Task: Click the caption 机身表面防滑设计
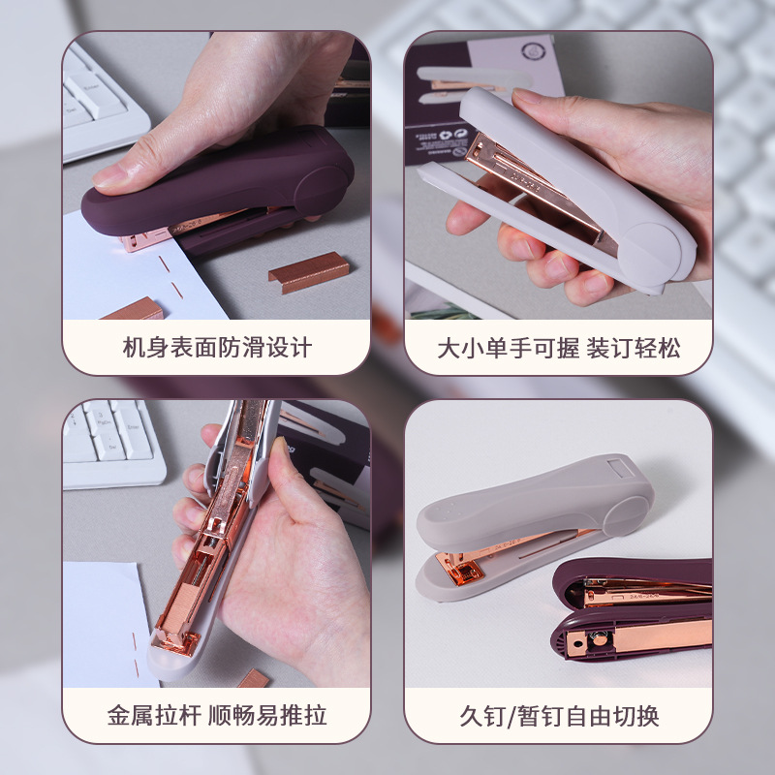click(x=217, y=348)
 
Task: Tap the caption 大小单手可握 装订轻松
click(x=559, y=348)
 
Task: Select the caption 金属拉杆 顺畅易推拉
click(x=217, y=715)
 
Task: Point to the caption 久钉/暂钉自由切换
click(x=559, y=716)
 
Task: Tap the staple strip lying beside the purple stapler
click(x=309, y=272)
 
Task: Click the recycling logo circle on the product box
click(x=533, y=51)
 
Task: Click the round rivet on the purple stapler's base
click(x=600, y=640)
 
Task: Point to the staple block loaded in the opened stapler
click(x=175, y=608)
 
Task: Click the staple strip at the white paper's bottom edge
click(x=134, y=309)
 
